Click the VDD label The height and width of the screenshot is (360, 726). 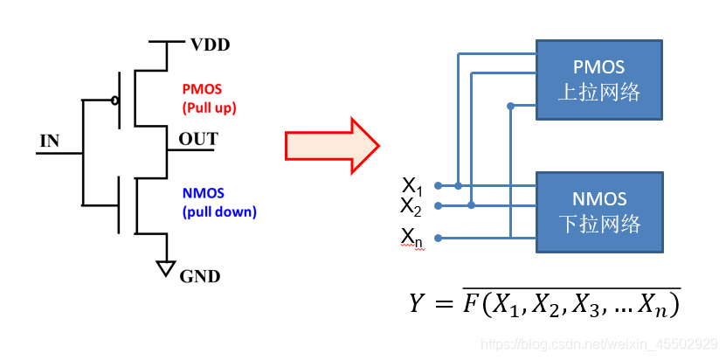210,44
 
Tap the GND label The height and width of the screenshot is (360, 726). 199,277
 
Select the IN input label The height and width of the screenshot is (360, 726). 51,141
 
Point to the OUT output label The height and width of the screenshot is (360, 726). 198,139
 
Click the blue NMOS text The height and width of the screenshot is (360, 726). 203,194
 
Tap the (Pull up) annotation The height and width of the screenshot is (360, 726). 210,107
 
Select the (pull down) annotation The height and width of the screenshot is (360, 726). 219,211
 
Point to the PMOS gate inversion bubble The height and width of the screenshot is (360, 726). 116,100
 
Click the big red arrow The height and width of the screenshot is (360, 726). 332,146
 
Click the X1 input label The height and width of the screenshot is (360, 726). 411,185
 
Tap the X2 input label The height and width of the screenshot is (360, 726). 411,206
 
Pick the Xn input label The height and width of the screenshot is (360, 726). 412,236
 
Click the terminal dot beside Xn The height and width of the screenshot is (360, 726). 437,238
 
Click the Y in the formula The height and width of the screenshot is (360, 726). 418,304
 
